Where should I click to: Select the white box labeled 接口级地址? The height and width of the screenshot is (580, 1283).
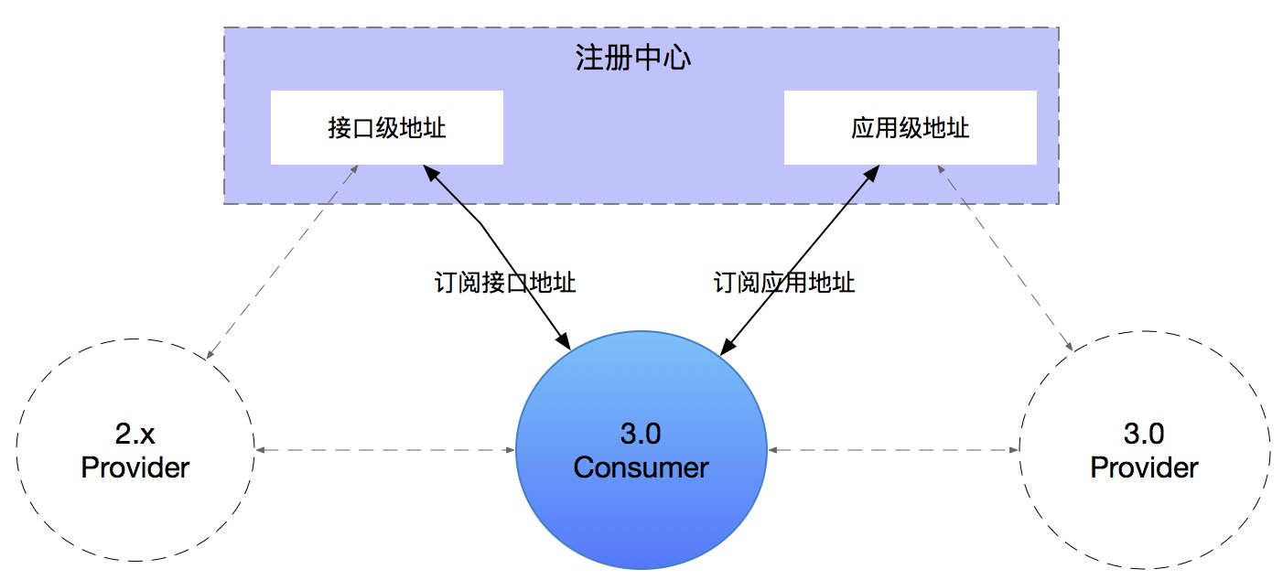[386, 128]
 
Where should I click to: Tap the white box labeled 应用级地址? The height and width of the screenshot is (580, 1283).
[910, 128]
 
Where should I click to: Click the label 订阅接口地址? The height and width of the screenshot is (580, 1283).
[504, 282]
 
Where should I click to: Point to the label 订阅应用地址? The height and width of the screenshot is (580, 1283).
[784, 282]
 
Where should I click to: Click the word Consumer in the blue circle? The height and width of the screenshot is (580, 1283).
[641, 467]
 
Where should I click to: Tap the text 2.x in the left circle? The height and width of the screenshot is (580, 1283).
[135, 432]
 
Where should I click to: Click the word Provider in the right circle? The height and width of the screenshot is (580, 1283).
[1144, 467]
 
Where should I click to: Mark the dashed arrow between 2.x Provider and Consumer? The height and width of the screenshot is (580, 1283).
[384, 450]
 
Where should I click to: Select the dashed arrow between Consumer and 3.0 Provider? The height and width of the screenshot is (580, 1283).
[893, 450]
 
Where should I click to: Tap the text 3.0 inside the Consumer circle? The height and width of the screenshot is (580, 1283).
[641, 432]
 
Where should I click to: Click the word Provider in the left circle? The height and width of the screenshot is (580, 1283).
[135, 467]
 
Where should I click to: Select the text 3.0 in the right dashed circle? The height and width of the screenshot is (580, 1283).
[1144, 432]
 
